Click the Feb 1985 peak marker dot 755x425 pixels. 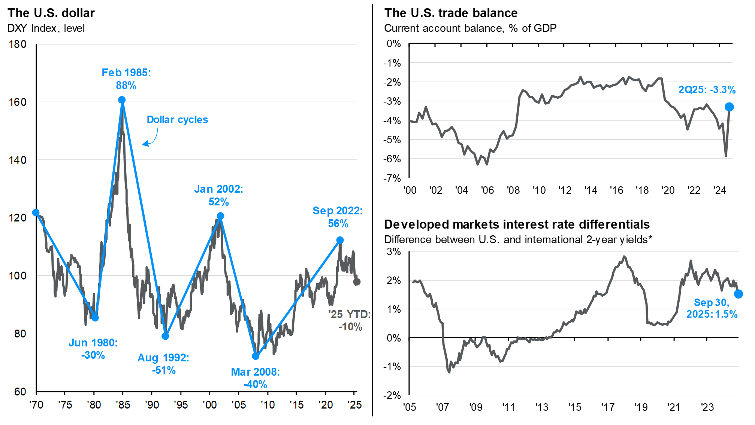pyautogui.click(x=122, y=100)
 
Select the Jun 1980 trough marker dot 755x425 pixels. pyautogui.click(x=95, y=318)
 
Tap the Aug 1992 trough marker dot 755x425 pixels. pyautogui.click(x=165, y=336)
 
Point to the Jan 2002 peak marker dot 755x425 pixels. pyautogui.click(x=220, y=216)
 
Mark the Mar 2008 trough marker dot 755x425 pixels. pyautogui.click(x=256, y=356)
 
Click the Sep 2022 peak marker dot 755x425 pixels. pyautogui.click(x=340, y=240)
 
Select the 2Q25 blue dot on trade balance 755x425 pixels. pyautogui.click(x=729, y=107)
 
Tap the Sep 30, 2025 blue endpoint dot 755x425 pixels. pyautogui.click(x=738, y=294)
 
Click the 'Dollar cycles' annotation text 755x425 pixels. pyautogui.click(x=177, y=120)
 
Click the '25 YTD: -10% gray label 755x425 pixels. pyautogui.click(x=350, y=321)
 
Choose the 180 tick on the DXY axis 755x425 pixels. pyautogui.click(x=18, y=44)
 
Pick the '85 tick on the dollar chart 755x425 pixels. pyautogui.click(x=123, y=405)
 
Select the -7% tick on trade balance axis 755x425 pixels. pyautogui.click(x=392, y=178)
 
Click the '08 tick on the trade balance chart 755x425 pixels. pyautogui.click(x=513, y=190)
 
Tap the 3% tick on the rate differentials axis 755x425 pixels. pyautogui.click(x=394, y=251)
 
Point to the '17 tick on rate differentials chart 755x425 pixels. pyautogui.click(x=608, y=407)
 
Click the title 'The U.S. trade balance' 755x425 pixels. pyautogui.click(x=451, y=13)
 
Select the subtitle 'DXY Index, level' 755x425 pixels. pyautogui.click(x=46, y=28)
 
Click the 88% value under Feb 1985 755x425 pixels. pyautogui.click(x=126, y=86)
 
